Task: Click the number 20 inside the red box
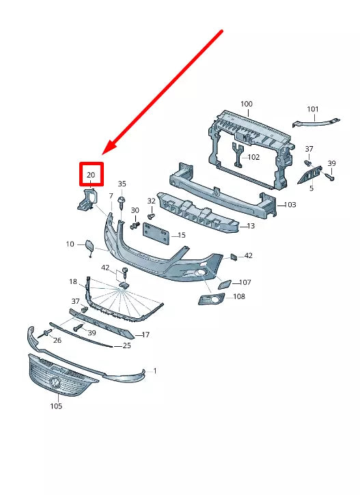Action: [x=91, y=175]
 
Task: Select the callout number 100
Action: [x=246, y=104]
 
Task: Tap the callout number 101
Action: [x=313, y=109]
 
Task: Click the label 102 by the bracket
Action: [x=253, y=157]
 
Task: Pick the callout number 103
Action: [x=290, y=205]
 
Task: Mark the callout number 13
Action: [x=251, y=226]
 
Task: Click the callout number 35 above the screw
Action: [x=122, y=184]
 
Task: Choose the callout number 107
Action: [x=245, y=282]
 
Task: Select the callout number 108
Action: [x=239, y=297]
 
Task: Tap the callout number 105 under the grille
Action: [x=56, y=406]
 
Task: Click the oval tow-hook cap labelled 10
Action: [x=89, y=245]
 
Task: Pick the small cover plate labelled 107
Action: [x=224, y=281]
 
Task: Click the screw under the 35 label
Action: [x=121, y=202]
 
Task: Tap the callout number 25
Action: [x=126, y=346]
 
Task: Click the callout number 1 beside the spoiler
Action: [x=155, y=371]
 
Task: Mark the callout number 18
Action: [x=73, y=282]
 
